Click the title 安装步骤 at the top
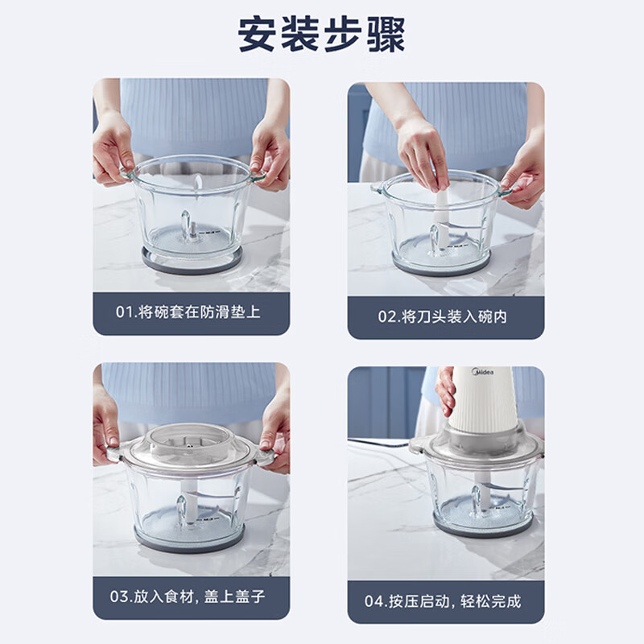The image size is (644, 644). pyautogui.click(x=321, y=35)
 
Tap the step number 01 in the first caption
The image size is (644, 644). pyautogui.click(x=125, y=312)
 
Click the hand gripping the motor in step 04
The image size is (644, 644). pyautogui.click(x=446, y=390)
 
